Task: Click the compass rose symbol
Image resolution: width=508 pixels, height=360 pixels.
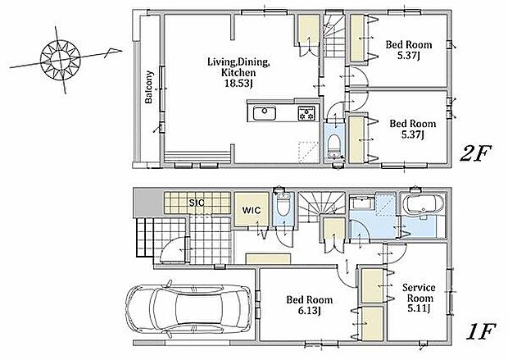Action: tap(61, 60)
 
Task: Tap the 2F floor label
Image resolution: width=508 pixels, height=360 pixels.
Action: tap(475, 153)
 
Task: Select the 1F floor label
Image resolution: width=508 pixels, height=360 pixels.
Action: tap(480, 332)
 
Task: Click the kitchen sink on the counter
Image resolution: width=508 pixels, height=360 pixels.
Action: tap(265, 113)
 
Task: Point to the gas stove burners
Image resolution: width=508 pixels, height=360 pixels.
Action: tap(306, 113)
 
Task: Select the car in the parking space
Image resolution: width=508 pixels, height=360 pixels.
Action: tap(188, 311)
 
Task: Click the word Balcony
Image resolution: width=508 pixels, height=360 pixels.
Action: tap(148, 87)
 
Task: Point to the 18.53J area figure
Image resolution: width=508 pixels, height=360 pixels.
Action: tap(238, 84)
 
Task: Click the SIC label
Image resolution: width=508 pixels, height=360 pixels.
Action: tap(197, 203)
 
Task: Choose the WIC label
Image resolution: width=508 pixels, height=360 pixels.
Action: tap(252, 210)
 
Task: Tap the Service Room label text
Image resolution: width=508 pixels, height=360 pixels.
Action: tap(420, 293)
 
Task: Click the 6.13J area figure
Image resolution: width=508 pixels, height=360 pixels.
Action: tap(310, 311)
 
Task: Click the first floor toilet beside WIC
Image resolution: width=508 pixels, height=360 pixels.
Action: tap(283, 207)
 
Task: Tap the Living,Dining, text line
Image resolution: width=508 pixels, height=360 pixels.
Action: tap(238, 62)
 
